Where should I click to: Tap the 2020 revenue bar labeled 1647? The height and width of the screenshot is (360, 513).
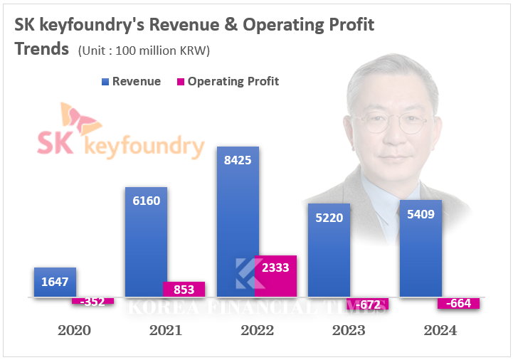55,282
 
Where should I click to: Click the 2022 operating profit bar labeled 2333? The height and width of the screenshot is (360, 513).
275,276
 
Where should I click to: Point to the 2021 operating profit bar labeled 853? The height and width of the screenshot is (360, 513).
184,289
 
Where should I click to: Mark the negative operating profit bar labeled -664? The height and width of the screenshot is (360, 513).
458,303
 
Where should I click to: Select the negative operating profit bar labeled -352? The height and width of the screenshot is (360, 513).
92,301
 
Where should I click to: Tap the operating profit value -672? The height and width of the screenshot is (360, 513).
367,305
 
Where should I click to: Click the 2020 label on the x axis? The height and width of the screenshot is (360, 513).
74,330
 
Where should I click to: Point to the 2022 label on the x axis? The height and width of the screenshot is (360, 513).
257,330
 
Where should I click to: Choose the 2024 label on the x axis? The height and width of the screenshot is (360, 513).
439,330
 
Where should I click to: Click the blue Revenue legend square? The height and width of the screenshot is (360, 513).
105,82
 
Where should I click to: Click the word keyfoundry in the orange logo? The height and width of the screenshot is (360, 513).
144,147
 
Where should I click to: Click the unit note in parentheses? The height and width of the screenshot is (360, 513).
144,51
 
